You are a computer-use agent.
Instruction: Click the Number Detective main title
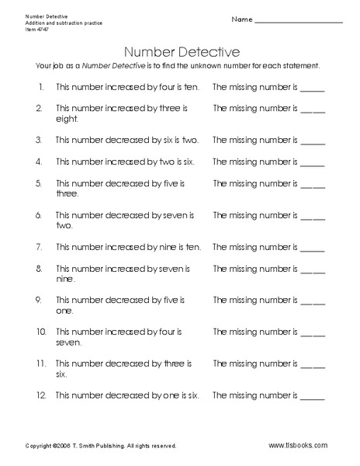tap(180, 52)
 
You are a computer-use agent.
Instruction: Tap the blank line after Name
tap(299, 20)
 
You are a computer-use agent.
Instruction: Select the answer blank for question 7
tap(312, 249)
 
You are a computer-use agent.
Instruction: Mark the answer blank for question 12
tap(312, 397)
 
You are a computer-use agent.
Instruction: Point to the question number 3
tap(38, 141)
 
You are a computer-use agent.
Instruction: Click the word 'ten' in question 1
tap(191, 89)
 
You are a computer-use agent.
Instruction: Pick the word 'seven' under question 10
tap(68, 343)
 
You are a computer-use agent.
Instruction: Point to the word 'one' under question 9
tap(64, 311)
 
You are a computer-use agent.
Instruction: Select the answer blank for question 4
tap(312, 165)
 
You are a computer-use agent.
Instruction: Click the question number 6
tap(38, 215)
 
